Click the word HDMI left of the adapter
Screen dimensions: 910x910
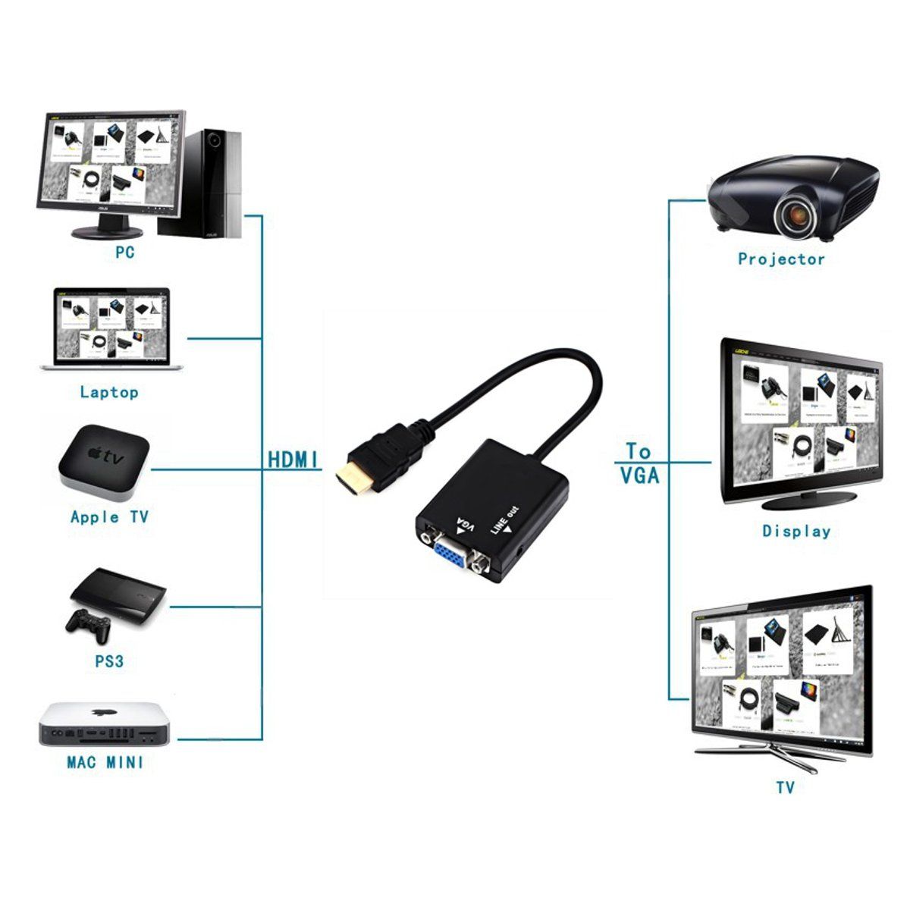(x=293, y=460)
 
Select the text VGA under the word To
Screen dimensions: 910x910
(x=639, y=475)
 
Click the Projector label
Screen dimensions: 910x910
(x=781, y=259)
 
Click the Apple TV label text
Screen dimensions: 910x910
(x=109, y=517)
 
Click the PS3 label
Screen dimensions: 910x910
(x=109, y=661)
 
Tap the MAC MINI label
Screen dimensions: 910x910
(x=105, y=762)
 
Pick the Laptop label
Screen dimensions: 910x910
(x=109, y=392)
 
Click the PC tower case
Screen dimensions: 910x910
(x=212, y=182)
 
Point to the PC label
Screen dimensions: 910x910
(x=125, y=251)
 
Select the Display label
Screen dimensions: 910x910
(x=796, y=531)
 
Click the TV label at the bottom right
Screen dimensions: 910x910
(x=785, y=788)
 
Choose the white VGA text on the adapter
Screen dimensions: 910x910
(x=460, y=524)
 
